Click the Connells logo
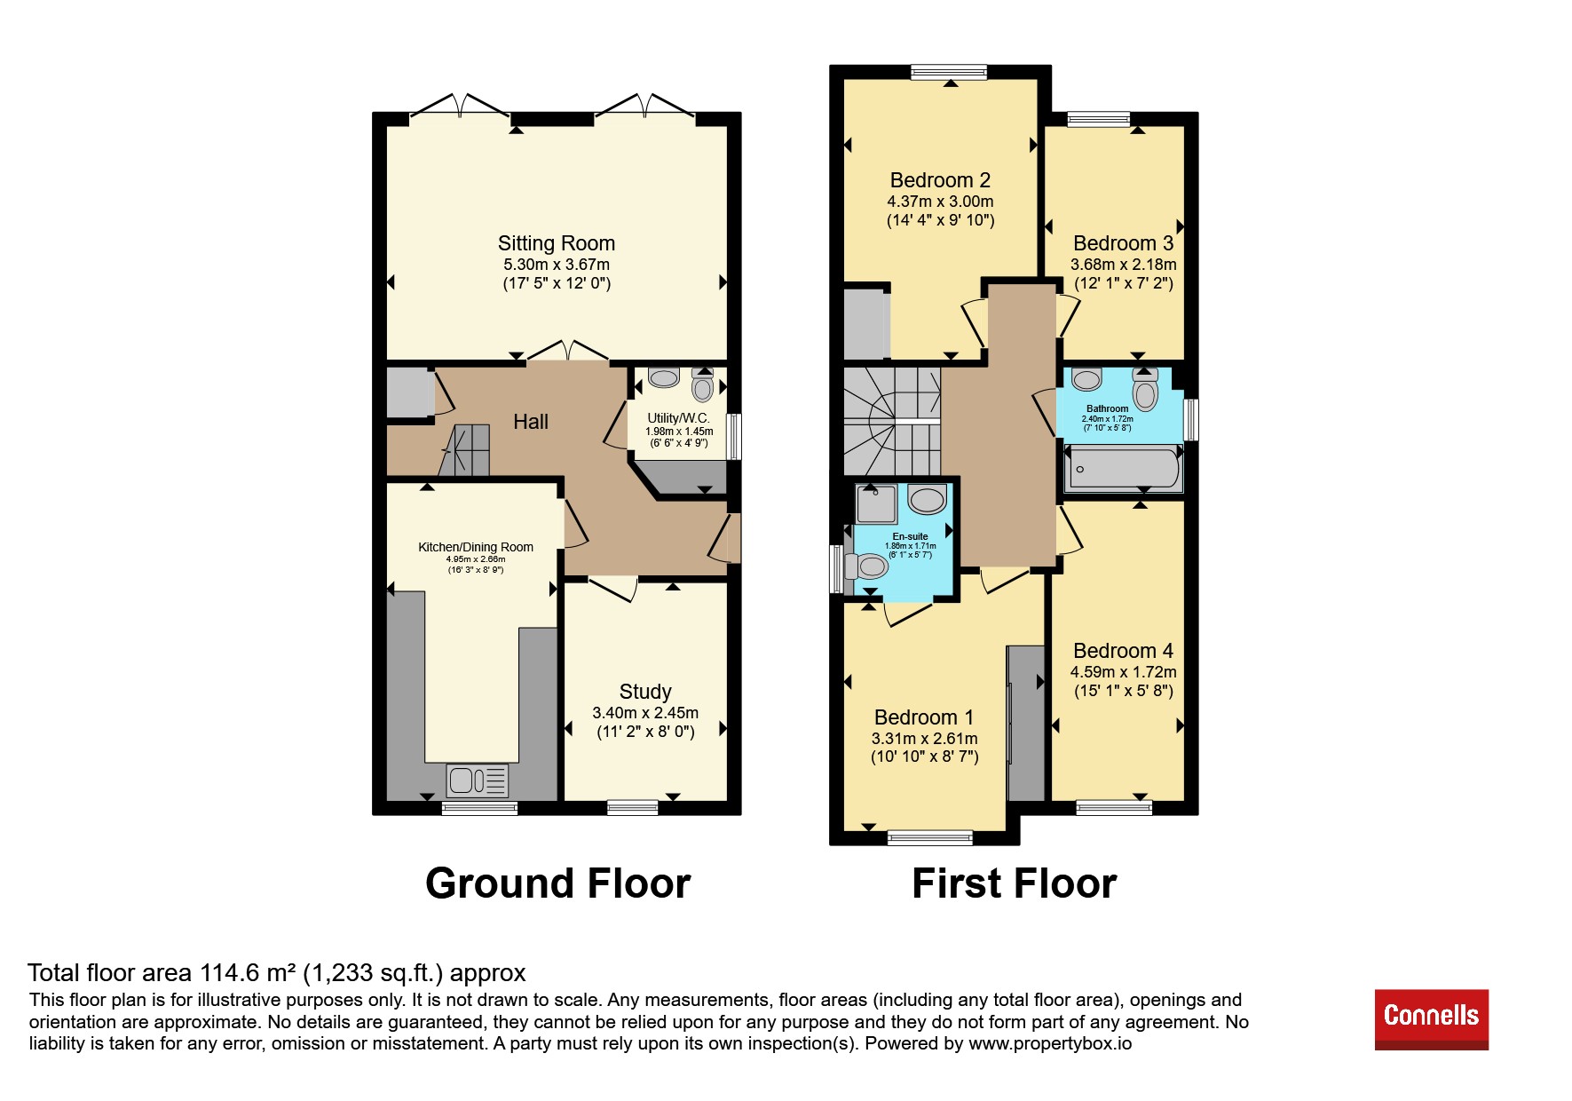click(1431, 1019)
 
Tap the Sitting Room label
click(557, 243)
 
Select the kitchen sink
click(478, 780)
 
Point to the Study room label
click(645, 692)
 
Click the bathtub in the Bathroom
click(1124, 469)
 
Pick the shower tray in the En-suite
click(876, 503)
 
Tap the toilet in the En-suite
click(867, 566)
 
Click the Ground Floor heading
click(557, 883)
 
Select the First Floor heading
click(1014, 883)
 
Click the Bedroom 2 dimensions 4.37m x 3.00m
click(940, 202)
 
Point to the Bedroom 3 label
click(1123, 243)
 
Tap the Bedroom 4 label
click(1123, 651)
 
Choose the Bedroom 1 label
click(924, 717)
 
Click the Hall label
click(531, 422)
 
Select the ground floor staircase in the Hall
click(465, 450)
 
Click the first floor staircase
click(891, 421)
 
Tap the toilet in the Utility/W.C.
click(703, 385)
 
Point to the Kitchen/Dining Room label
click(476, 547)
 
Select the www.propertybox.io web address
click(1050, 1043)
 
